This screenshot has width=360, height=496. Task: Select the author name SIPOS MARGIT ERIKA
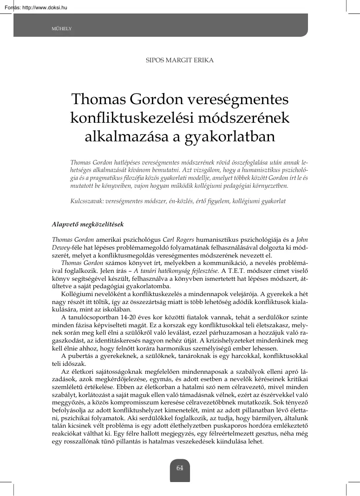click(180, 60)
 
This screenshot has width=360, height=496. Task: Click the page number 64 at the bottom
click(180, 468)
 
